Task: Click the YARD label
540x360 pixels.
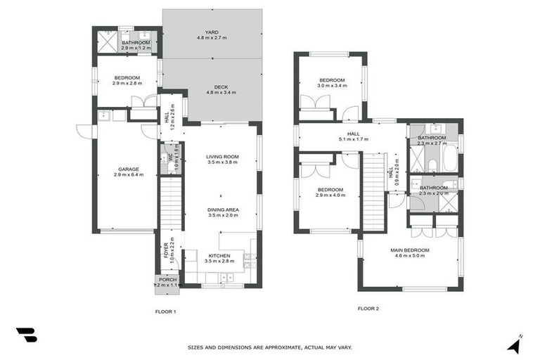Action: [x=212, y=32]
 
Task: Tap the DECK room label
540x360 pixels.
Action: [x=212, y=87]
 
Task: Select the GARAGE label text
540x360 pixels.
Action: [x=128, y=169]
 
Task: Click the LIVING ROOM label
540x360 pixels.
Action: [x=221, y=157]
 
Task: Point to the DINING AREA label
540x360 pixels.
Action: [x=221, y=210]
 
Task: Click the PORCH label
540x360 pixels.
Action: [x=167, y=280]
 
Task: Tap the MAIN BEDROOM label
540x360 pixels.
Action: [x=410, y=250]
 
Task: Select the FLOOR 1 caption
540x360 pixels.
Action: [x=165, y=310]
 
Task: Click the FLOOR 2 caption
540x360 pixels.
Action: [x=368, y=308]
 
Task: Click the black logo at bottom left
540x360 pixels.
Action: [x=26, y=335]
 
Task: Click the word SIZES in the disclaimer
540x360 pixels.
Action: [x=198, y=347]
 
